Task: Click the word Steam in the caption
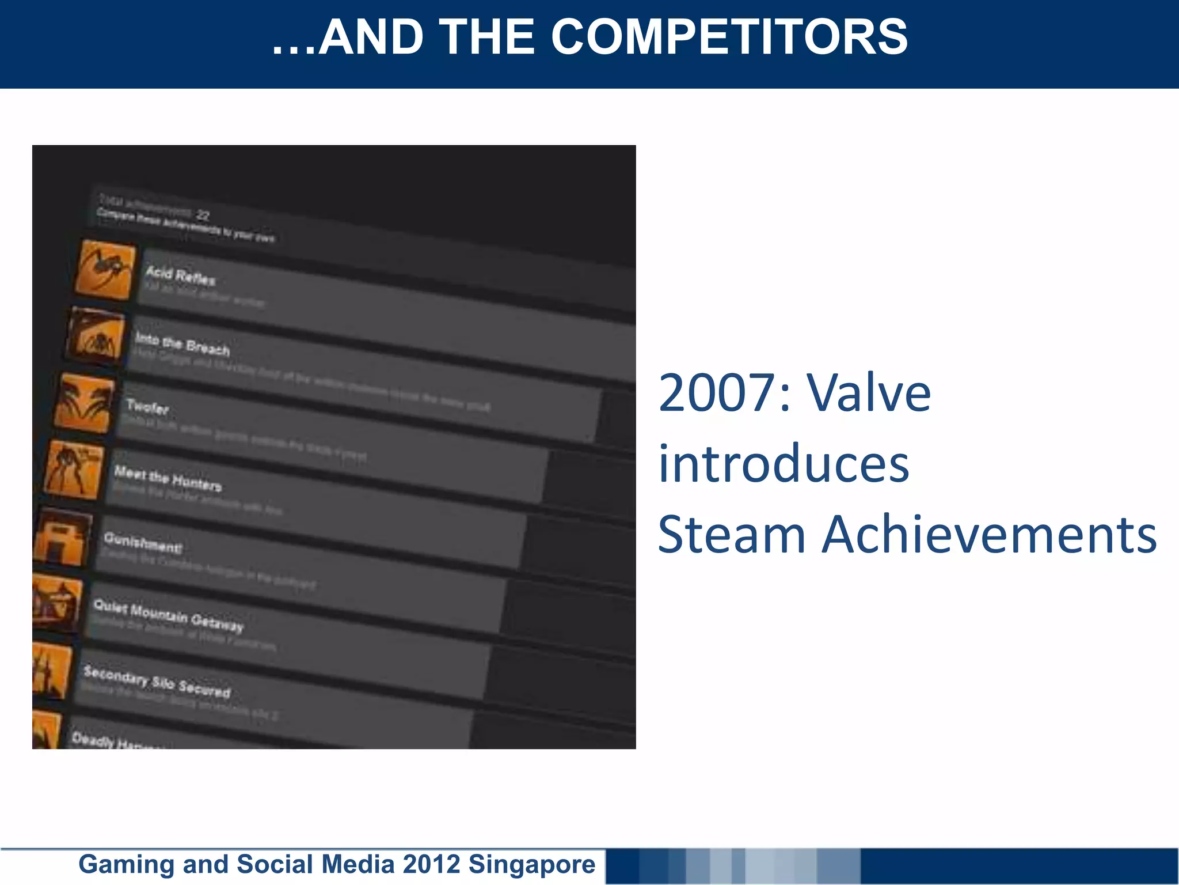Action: pyautogui.click(x=732, y=535)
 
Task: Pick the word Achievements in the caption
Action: pyautogui.click(x=988, y=535)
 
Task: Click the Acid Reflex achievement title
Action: pyautogui.click(x=180, y=275)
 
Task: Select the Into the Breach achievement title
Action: pyautogui.click(x=182, y=343)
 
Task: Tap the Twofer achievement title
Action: pyautogui.click(x=147, y=407)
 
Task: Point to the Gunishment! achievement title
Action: pyautogui.click(x=143, y=542)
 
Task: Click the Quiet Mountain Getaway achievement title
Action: pyautogui.click(x=169, y=614)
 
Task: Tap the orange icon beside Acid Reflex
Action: pyautogui.click(x=106, y=270)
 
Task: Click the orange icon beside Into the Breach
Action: pyautogui.click(x=96, y=336)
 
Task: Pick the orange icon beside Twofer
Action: pyautogui.click(x=85, y=403)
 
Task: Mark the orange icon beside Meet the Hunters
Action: pyautogui.click(x=74, y=469)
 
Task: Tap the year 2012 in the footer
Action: pyautogui.click(x=431, y=864)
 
